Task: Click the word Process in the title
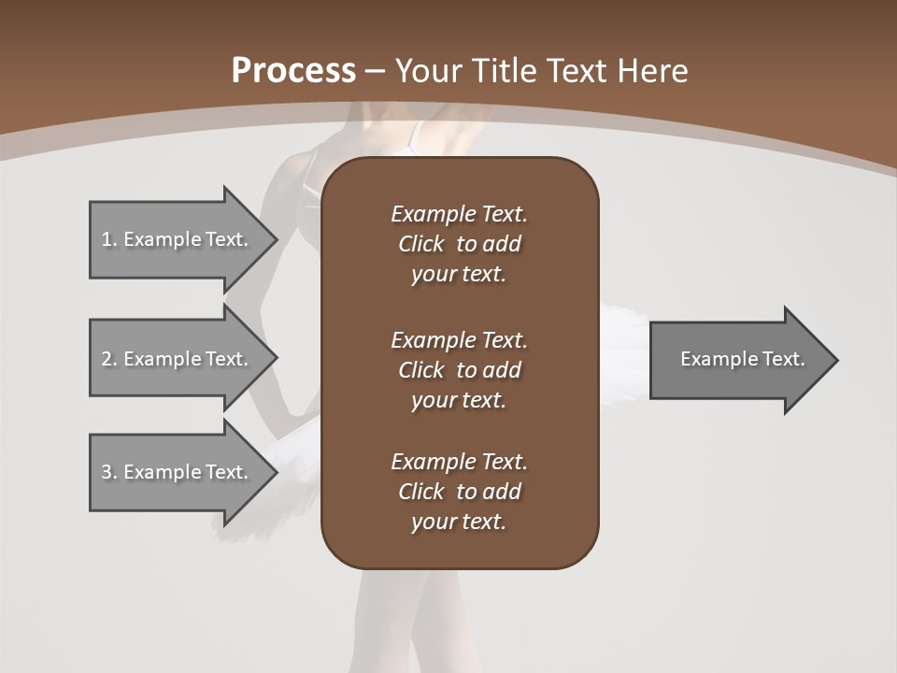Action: coord(293,71)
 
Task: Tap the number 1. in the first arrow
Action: coord(108,239)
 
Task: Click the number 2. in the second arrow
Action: coord(108,359)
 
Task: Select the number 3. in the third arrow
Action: coord(108,472)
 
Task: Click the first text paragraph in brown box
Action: coord(459,244)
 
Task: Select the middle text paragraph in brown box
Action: coord(459,370)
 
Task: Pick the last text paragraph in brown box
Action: coord(459,492)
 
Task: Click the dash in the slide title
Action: coord(375,72)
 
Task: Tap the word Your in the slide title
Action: coord(427,71)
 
